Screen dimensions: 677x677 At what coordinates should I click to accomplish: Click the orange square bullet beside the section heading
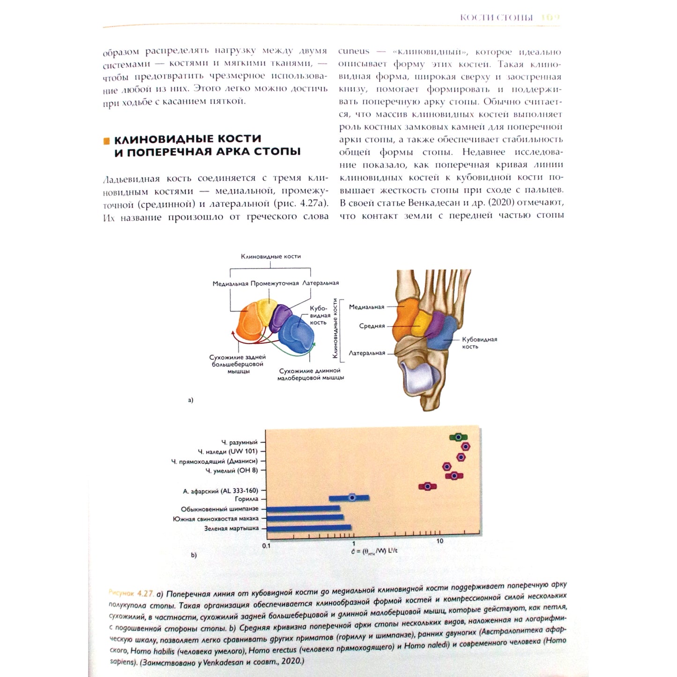[106, 141]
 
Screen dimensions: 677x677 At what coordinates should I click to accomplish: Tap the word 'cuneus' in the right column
[354, 52]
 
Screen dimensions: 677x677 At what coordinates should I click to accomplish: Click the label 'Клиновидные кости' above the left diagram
[271, 256]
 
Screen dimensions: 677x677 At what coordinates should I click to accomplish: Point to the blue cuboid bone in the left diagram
[297, 334]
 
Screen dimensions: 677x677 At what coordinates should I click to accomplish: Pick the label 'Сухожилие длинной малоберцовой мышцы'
[310, 374]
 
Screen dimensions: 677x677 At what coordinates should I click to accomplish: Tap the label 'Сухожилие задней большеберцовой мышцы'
[238, 364]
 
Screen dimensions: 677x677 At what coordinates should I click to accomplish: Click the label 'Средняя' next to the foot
[372, 326]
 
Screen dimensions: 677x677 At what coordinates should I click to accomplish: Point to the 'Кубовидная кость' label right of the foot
[479, 342]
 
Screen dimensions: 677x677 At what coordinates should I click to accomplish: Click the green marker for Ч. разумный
[458, 437]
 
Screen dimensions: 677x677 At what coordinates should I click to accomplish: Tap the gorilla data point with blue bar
[352, 498]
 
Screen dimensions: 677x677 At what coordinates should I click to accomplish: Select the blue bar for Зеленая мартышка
[309, 528]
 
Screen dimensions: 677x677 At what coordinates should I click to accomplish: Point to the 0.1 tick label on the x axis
[266, 546]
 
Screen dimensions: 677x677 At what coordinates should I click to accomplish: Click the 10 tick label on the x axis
[439, 541]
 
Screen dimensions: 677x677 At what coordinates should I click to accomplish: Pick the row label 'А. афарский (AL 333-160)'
[220, 491]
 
